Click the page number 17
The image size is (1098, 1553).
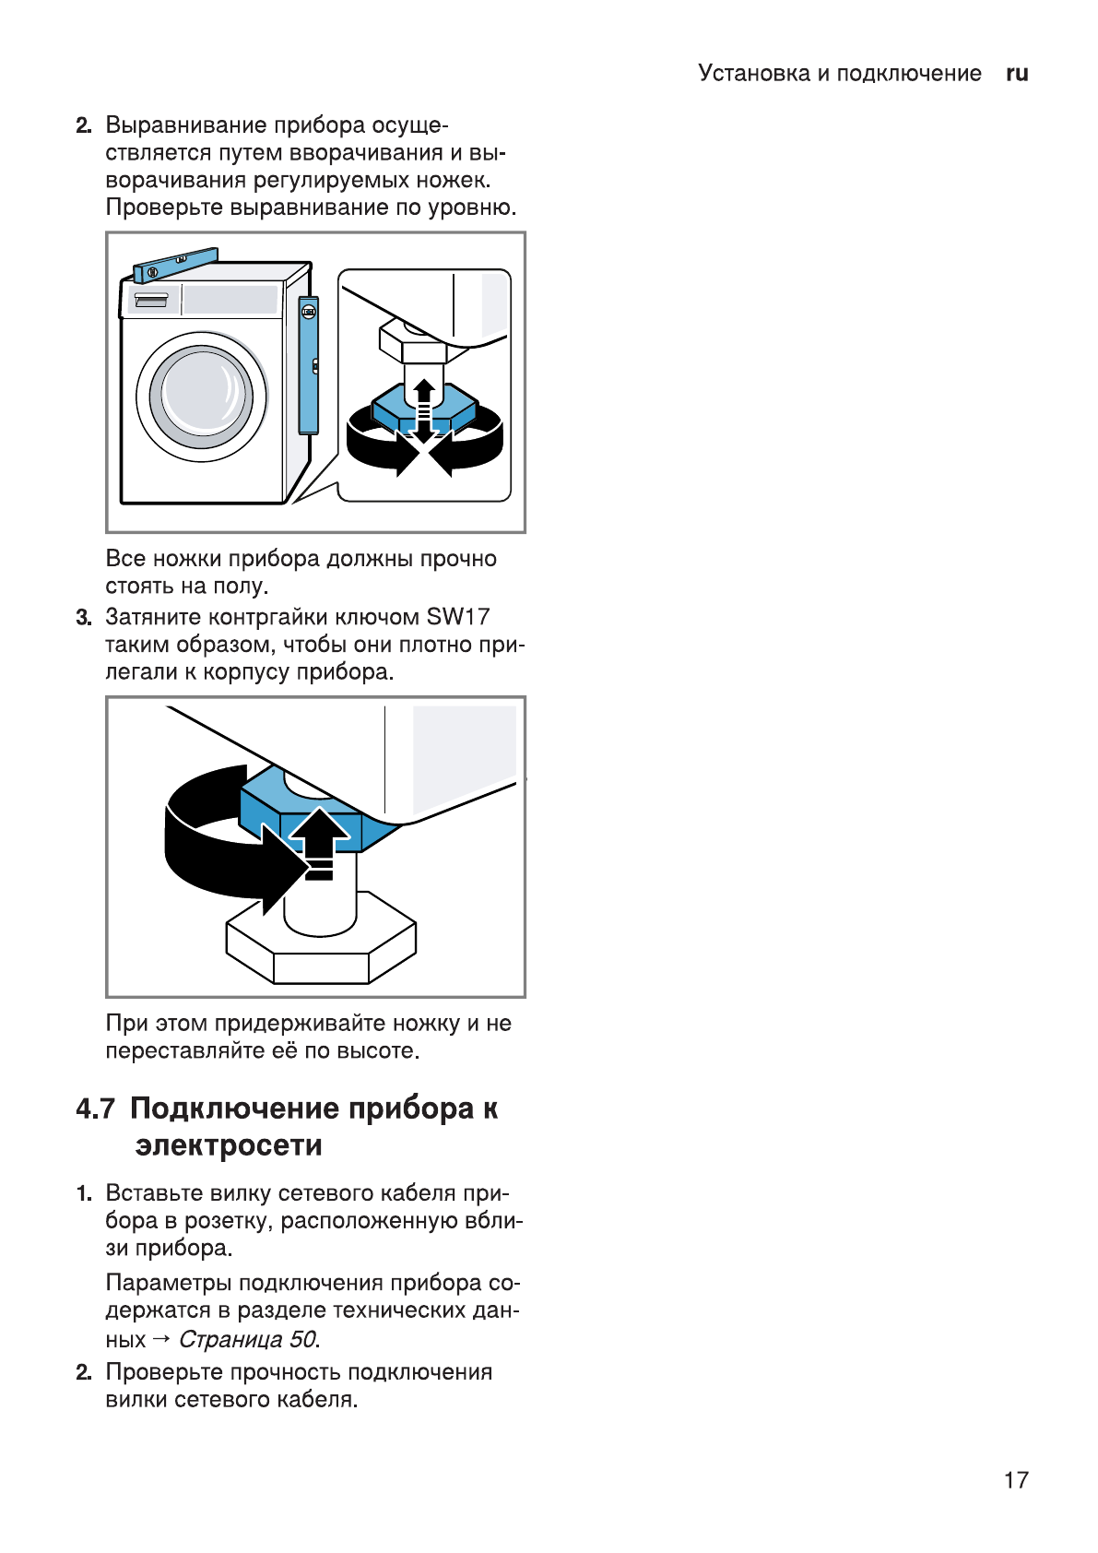pyautogui.click(x=1015, y=1480)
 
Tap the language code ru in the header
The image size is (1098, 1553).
pyautogui.click(x=1017, y=74)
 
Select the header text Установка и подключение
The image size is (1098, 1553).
pyautogui.click(x=839, y=74)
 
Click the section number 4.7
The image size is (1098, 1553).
pyautogui.click(x=95, y=1109)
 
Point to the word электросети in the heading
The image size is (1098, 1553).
pyautogui.click(x=229, y=1146)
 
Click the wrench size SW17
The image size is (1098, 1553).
pyautogui.click(x=457, y=617)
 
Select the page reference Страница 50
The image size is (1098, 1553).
pyautogui.click(x=248, y=1339)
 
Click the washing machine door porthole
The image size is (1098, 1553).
pyautogui.click(x=201, y=396)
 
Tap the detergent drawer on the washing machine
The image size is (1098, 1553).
pyautogui.click(x=151, y=301)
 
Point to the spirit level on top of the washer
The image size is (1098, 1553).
pyautogui.click(x=175, y=265)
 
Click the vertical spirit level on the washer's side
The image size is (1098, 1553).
pyautogui.click(x=308, y=365)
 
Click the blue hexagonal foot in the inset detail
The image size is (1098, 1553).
pyautogui.click(x=424, y=406)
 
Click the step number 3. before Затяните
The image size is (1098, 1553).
pyautogui.click(x=84, y=617)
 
